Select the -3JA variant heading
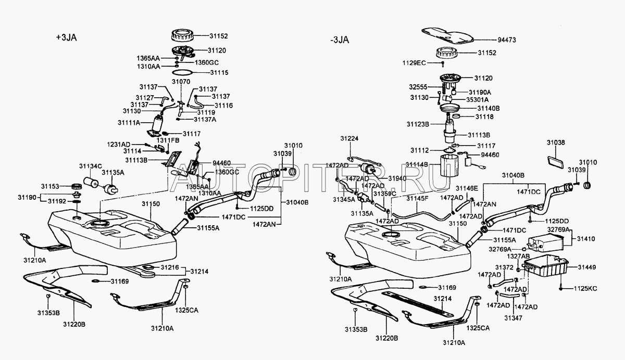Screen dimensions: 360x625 [x=340, y=40]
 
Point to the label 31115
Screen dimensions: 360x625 [x=219, y=73]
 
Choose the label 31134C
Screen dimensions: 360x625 [x=90, y=166]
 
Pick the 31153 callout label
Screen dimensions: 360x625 [x=51, y=186]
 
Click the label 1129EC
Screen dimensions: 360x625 [x=414, y=63]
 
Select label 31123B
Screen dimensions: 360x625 [x=418, y=124]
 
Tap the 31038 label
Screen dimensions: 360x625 [x=556, y=142]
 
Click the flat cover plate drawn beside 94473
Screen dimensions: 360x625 [x=448, y=35]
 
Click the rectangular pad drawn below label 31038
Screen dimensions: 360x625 [x=556, y=160]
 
